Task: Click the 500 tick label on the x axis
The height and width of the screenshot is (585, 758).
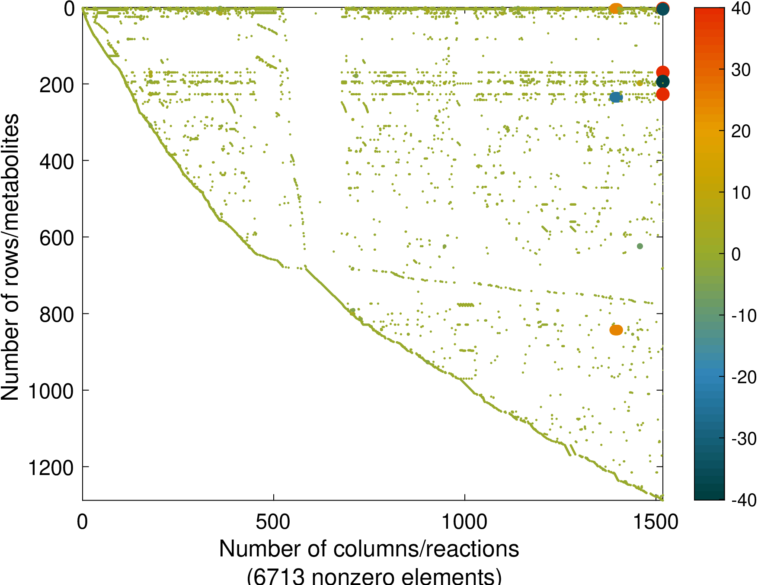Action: click(273, 522)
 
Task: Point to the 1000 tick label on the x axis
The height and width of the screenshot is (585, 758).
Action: click(464, 522)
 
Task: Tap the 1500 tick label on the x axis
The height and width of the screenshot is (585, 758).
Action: click(656, 522)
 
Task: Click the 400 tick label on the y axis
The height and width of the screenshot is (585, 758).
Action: click(57, 162)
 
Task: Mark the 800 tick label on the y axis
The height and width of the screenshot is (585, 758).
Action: click(57, 315)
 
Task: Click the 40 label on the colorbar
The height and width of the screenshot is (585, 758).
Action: click(741, 9)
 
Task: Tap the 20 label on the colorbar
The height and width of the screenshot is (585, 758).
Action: click(741, 131)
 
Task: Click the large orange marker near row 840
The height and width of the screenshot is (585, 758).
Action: click(616, 330)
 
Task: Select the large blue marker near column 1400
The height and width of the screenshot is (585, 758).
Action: click(616, 97)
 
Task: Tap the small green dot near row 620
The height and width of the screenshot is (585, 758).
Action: click(640, 246)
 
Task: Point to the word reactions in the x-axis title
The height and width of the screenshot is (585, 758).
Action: click(474, 549)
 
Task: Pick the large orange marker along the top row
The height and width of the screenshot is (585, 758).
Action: click(615, 8)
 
